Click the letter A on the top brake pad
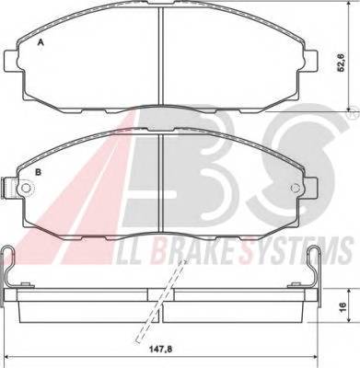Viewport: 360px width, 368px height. coord(40,43)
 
